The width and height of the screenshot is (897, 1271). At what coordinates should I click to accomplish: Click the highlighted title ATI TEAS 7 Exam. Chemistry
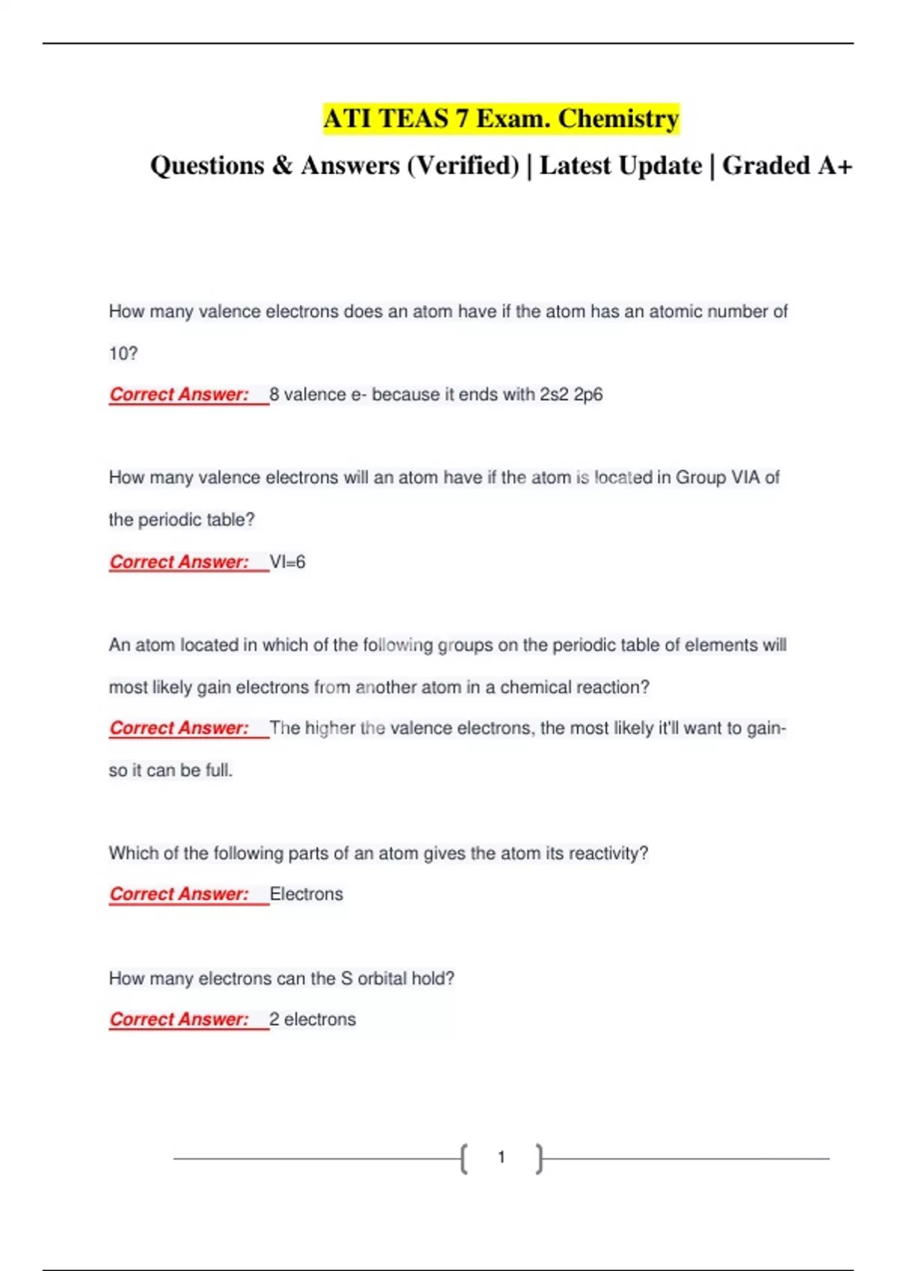point(501,119)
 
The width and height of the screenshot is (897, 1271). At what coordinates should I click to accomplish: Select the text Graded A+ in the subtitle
point(786,165)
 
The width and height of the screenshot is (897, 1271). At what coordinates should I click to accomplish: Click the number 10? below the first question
point(123,354)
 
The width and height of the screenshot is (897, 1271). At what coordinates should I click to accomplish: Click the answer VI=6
point(288,562)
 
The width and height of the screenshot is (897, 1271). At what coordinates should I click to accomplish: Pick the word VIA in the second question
point(745,478)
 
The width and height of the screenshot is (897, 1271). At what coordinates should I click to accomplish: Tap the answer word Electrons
point(306,894)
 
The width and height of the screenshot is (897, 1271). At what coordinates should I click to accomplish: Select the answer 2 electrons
point(312,1020)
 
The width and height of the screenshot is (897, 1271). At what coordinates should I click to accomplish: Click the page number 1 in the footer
point(502,1157)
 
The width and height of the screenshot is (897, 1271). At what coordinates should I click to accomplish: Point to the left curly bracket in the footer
point(464,1159)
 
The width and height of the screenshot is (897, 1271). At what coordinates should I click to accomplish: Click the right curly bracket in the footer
point(539,1159)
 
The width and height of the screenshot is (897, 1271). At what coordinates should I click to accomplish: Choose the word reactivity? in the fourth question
point(608,853)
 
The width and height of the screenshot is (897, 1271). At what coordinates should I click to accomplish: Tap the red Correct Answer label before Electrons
point(179,894)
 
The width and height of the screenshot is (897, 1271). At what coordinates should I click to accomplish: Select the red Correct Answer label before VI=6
point(179,562)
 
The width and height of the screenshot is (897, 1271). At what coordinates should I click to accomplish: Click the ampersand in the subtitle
point(283,165)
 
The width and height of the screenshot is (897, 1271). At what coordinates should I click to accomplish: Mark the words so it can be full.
point(170,771)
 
